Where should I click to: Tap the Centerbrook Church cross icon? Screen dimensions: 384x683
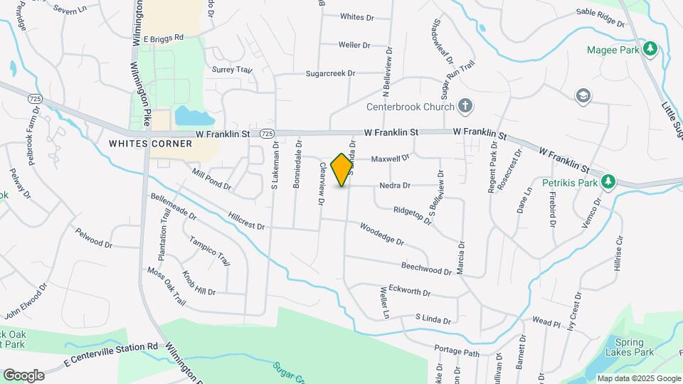coord(465,107)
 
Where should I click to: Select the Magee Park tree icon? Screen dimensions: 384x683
coord(649,49)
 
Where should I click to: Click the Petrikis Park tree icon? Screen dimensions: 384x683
coord(608,181)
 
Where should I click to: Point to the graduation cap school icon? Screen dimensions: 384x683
coord(583,95)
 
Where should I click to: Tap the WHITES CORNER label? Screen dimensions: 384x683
coord(150,144)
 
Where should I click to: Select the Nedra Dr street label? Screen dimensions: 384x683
coord(395,186)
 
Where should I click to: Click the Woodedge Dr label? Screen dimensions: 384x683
coord(382,235)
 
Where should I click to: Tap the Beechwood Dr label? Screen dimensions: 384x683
coord(427,267)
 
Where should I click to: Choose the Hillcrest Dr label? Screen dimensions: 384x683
coord(246,220)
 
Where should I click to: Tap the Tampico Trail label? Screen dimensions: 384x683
coord(210,250)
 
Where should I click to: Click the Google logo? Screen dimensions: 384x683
coord(23,375)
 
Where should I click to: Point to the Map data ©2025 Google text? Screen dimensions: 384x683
coord(638,378)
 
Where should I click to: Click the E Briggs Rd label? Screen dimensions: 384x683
coord(163,38)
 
